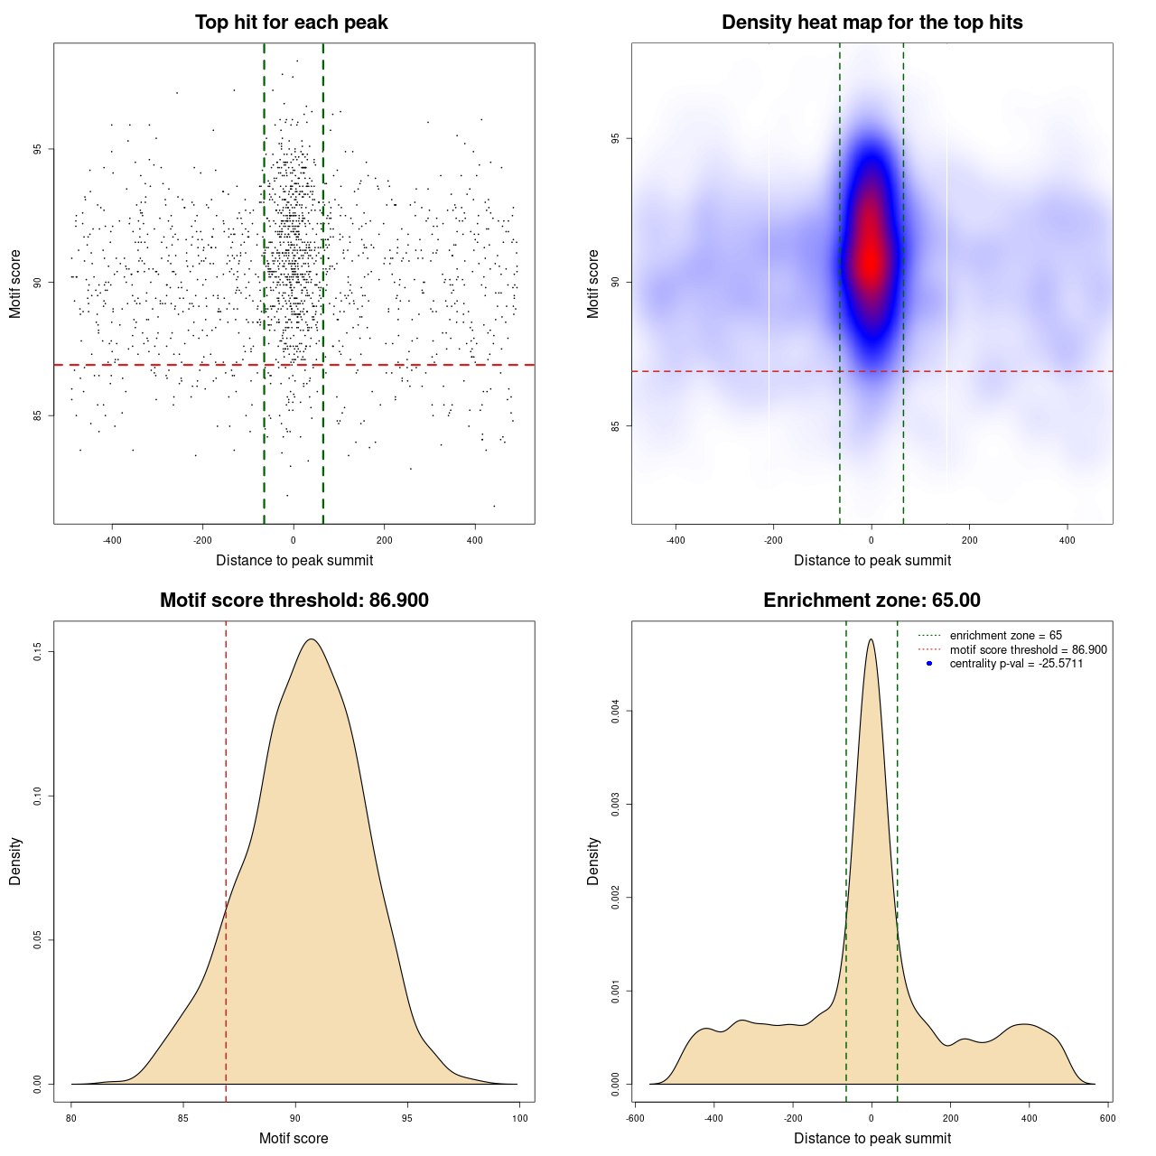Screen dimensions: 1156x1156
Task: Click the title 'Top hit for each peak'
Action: tap(292, 23)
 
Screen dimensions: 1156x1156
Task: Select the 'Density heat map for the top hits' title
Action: tap(872, 23)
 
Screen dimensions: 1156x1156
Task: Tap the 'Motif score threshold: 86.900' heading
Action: tap(294, 601)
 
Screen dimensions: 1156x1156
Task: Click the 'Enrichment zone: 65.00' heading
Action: tap(872, 601)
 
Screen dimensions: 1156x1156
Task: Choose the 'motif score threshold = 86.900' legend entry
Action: tap(1028, 650)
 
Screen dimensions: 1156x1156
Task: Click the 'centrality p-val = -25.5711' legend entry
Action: tap(1016, 664)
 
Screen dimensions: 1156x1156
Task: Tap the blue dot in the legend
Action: tap(929, 664)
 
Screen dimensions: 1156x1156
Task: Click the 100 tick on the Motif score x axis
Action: tap(519, 1118)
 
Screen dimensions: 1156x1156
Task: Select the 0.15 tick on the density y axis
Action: tap(38, 652)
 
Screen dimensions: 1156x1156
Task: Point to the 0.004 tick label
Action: tap(616, 712)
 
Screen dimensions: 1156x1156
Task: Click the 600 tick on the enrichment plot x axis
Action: tap(1107, 1118)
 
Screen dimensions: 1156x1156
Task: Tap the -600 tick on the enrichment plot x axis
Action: tap(635, 1118)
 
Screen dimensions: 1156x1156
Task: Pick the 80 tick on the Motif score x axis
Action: tap(71, 1118)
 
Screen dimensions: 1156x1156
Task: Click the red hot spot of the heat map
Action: tap(870, 257)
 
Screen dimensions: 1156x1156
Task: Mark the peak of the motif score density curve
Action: tap(312, 639)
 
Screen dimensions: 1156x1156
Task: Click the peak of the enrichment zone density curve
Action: tap(871, 639)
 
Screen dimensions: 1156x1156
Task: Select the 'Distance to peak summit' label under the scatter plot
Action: tap(294, 561)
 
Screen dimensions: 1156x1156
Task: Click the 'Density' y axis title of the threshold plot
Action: tap(15, 862)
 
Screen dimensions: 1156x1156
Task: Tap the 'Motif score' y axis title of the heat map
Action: tap(593, 284)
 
